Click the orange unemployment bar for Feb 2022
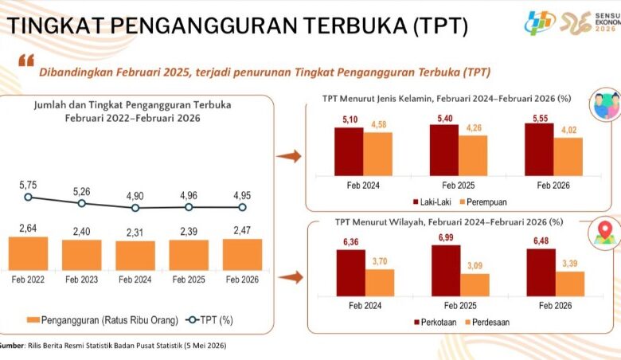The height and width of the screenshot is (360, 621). (x=28, y=253)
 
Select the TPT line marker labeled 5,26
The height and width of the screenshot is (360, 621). (x=81, y=203)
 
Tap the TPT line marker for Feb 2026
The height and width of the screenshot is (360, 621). (x=242, y=207)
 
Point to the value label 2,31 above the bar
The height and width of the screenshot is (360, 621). (x=135, y=232)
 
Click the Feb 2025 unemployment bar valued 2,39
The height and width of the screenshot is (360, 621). (x=189, y=255)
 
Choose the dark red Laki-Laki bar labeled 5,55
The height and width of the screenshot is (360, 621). (x=539, y=149)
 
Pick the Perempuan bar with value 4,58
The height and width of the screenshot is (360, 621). (x=378, y=154)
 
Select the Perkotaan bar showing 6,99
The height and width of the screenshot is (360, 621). (x=446, y=271)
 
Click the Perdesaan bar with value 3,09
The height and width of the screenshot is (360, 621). (x=475, y=285)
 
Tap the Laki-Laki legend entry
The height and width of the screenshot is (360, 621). (x=432, y=202)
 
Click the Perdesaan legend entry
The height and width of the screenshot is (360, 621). (x=486, y=322)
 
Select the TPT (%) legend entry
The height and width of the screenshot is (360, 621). (x=209, y=320)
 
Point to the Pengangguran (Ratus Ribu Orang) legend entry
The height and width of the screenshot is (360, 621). (x=103, y=320)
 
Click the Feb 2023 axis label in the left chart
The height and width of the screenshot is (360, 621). (x=81, y=280)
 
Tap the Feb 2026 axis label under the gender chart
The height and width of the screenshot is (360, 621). (x=553, y=186)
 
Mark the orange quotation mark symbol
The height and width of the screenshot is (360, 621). (x=26, y=61)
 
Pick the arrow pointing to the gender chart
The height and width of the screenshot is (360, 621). (x=289, y=156)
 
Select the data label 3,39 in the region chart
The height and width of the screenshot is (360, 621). (x=570, y=264)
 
